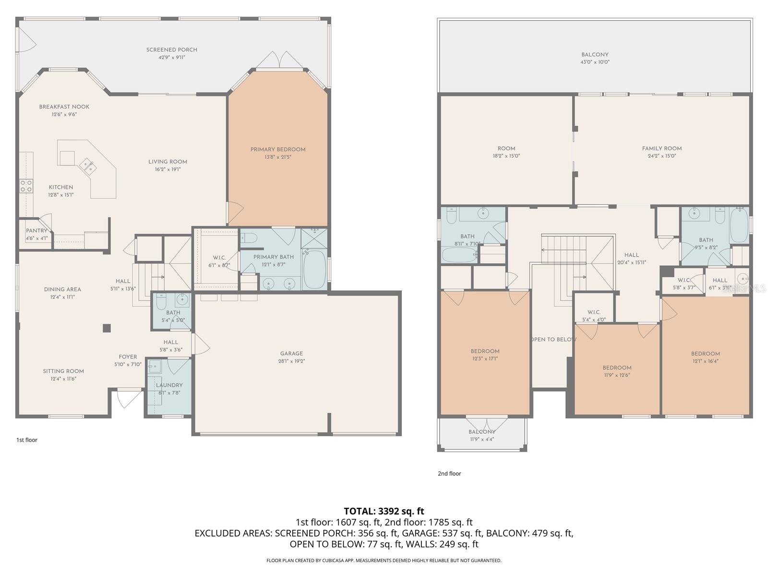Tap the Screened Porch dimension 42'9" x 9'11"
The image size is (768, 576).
coord(172,58)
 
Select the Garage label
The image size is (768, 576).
coord(291,354)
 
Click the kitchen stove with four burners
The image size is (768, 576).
coord(26,186)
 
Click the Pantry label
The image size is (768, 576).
coord(36,231)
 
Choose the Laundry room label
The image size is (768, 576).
coord(169,385)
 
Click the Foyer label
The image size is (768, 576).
coord(128,357)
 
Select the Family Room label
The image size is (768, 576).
coord(661,149)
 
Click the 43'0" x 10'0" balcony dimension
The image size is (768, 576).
coord(595,62)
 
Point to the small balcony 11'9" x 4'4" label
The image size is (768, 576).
coord(481,432)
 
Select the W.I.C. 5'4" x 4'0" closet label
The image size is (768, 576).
coord(594,312)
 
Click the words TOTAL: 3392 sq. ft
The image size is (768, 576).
coord(384,511)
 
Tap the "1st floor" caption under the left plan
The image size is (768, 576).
coord(26,440)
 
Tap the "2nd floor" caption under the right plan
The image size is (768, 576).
coord(449,473)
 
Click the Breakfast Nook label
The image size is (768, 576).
coord(64,107)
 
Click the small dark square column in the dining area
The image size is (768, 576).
coord(107,328)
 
